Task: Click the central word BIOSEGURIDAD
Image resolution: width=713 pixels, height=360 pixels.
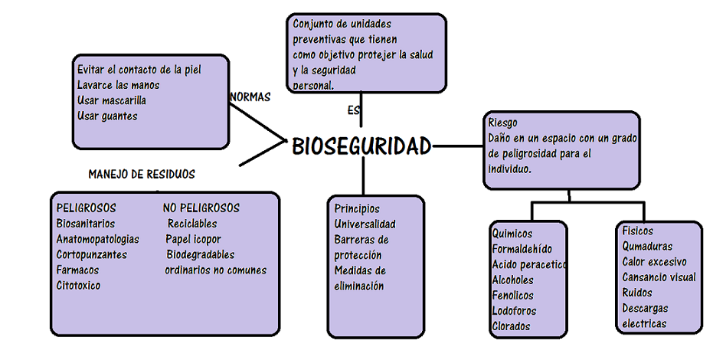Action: (x=361, y=146)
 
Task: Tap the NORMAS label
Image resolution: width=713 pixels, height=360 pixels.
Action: (x=250, y=97)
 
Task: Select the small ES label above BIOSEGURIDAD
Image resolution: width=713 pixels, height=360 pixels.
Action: (x=353, y=110)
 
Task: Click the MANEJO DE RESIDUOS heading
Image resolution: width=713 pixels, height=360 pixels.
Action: (x=141, y=174)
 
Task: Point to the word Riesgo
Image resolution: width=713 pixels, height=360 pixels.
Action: (x=502, y=123)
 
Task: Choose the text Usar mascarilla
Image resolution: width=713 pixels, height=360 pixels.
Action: (x=112, y=100)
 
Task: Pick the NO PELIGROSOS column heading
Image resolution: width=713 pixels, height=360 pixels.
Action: (x=201, y=208)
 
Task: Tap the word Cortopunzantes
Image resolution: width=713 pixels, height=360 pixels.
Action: (x=92, y=254)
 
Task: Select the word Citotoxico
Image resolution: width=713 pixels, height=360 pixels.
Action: (x=78, y=286)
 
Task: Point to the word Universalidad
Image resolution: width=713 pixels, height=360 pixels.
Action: (x=365, y=224)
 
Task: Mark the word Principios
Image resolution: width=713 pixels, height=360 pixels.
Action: (x=357, y=208)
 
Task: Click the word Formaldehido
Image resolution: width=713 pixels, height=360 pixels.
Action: (x=522, y=249)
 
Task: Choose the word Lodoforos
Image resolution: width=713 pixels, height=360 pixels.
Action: (x=514, y=311)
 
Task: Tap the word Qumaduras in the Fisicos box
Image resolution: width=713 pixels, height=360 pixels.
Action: (x=647, y=247)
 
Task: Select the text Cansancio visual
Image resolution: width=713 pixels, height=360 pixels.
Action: (x=659, y=277)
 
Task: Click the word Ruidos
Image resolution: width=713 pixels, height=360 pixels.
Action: (x=637, y=293)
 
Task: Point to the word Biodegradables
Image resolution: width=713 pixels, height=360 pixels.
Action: (x=201, y=254)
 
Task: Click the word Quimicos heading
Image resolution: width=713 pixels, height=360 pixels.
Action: (x=512, y=234)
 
